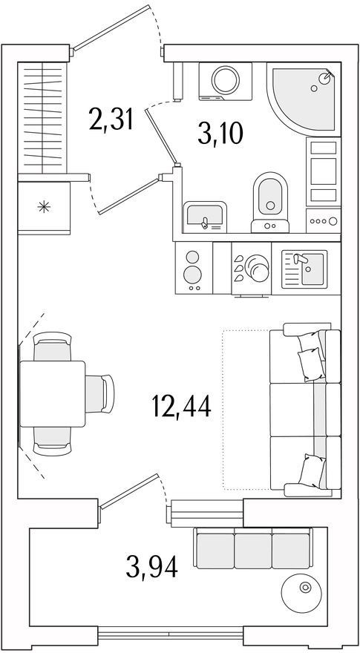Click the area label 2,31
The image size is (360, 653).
pyautogui.click(x=111, y=119)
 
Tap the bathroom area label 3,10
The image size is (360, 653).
pyautogui.click(x=220, y=134)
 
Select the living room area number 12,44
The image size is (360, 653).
pyautogui.click(x=182, y=406)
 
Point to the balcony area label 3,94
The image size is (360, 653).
pyautogui.click(x=152, y=566)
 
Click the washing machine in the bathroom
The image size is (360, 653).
pyautogui.click(x=226, y=81)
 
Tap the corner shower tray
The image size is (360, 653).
pyautogui.click(x=304, y=99)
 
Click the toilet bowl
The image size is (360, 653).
pyautogui.click(x=270, y=203)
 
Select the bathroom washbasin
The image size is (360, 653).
pyautogui.click(x=205, y=217)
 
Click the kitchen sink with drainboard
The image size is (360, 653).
pyautogui.click(x=304, y=269)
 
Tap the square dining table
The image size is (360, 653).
pyautogui.click(x=52, y=393)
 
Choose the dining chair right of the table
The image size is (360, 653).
pyautogui.click(x=99, y=394)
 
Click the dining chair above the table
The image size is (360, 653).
pyautogui.click(x=53, y=346)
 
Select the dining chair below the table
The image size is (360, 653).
pyautogui.click(x=53, y=441)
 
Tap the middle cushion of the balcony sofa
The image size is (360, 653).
pyautogui.click(x=253, y=550)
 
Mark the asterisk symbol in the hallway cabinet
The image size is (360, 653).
pyautogui.click(x=44, y=206)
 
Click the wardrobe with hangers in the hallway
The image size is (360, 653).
pyautogui.click(x=42, y=118)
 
